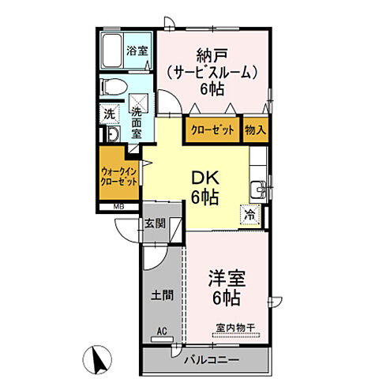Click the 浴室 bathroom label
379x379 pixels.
point(137,51)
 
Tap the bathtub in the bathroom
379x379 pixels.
point(112,51)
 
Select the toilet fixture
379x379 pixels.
point(114,87)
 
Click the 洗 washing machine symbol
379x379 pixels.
point(109,114)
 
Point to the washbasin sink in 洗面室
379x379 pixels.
point(114,133)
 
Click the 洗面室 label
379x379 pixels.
point(137,122)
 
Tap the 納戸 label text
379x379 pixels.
point(212,55)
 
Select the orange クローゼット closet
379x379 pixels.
point(212,129)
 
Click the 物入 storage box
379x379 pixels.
point(256,129)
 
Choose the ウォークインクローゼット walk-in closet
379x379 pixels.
point(119,173)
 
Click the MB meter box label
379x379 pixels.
point(118,207)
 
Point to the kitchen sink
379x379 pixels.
point(257,189)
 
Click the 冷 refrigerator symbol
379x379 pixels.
point(250,215)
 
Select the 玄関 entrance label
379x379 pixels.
point(156,223)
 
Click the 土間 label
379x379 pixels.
point(162,295)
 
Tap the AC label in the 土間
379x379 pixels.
point(162,332)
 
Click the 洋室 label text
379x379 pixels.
point(227,279)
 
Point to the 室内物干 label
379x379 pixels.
point(236,328)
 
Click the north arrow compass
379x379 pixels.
point(98,359)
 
